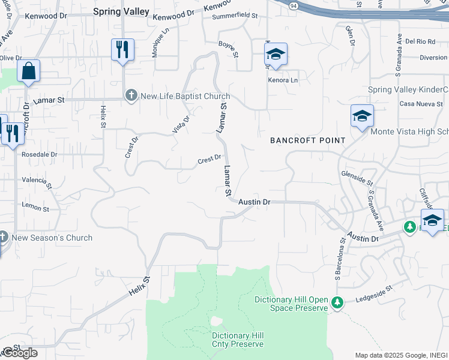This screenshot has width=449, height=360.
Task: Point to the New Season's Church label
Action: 52,238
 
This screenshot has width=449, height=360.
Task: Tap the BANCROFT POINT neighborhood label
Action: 308,140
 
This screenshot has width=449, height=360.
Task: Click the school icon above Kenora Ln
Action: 276,55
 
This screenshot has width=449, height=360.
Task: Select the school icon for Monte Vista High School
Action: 363,116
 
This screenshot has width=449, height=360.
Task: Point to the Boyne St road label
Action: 229,49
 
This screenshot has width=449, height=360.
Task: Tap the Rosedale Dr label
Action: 39,154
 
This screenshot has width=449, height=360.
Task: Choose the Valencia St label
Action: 38,181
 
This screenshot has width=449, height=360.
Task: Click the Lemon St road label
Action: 35,206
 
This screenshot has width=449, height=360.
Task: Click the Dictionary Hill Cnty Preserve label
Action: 238,340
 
